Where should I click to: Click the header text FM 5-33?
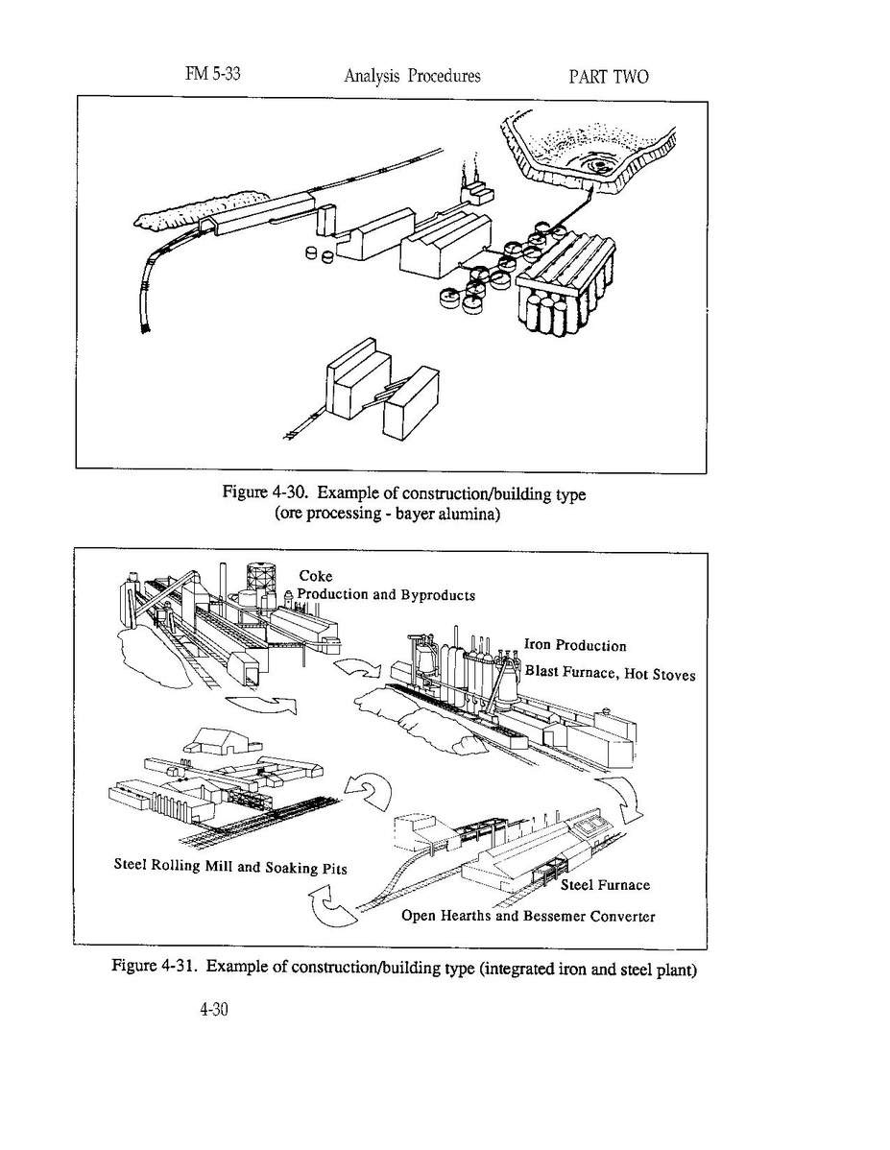212,74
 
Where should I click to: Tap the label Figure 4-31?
155,966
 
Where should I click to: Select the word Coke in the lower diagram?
315,576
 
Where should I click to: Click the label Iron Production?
575,646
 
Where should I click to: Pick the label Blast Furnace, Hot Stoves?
610,673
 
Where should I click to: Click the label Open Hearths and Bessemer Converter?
528,916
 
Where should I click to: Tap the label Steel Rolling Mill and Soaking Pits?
230,867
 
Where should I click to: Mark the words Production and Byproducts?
386,594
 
